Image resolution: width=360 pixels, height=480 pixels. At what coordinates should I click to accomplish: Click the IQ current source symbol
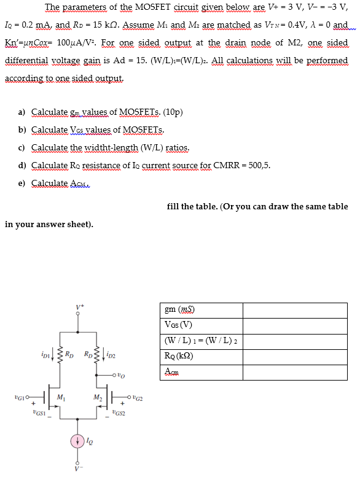click(x=77, y=441)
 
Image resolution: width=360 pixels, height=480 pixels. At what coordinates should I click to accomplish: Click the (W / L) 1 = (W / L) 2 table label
click(x=201, y=341)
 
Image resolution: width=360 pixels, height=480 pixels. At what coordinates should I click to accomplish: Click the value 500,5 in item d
click(x=258, y=165)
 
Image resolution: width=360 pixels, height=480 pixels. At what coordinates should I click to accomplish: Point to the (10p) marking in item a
click(x=171, y=112)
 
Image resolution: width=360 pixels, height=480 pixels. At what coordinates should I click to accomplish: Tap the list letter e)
click(x=23, y=184)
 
